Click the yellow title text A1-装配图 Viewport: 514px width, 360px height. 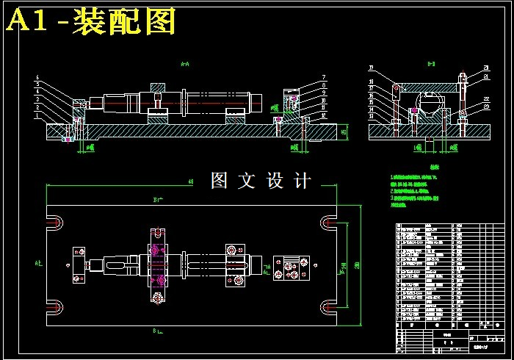coord(91,22)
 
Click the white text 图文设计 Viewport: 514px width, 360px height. coord(261,180)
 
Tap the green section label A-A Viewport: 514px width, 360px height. coord(185,64)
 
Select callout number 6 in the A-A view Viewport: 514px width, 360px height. coord(37,77)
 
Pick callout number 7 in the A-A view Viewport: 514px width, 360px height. coord(322,77)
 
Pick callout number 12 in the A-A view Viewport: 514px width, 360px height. coord(322,114)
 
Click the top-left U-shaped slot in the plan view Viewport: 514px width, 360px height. coord(56,220)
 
